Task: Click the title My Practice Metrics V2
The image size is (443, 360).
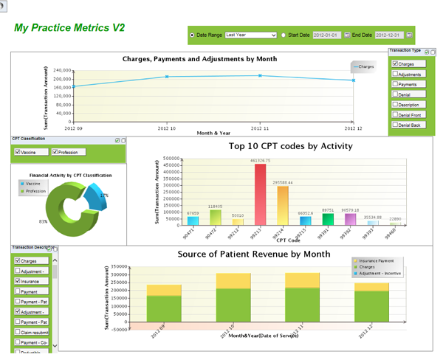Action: click(69, 28)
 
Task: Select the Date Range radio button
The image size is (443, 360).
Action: click(193, 35)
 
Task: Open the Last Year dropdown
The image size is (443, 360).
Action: click(250, 35)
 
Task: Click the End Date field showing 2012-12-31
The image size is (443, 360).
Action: click(388, 35)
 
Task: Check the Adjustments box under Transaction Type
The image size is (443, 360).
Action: click(396, 75)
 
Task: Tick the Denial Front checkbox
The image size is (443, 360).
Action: click(396, 115)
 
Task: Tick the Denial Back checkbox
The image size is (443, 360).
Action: click(396, 125)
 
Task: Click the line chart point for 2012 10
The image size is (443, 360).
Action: click(167, 77)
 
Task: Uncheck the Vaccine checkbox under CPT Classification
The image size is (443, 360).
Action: click(18, 153)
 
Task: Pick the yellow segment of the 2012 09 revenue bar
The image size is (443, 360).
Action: click(164, 290)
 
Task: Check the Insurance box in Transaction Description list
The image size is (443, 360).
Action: click(18, 281)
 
